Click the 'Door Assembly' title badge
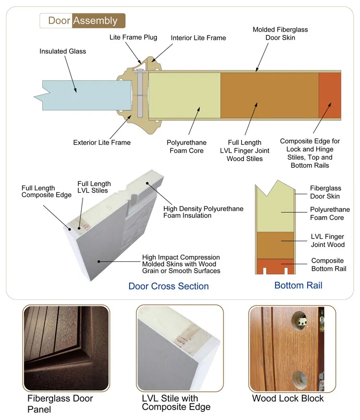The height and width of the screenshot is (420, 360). click(x=82, y=21)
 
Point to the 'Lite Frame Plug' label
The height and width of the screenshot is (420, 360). click(x=133, y=37)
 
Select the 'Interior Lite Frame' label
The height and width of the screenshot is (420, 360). click(x=198, y=38)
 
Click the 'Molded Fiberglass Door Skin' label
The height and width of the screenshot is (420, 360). click(x=280, y=34)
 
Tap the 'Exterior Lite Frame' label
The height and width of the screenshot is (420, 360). click(x=102, y=142)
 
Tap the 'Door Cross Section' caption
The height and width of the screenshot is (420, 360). click(x=168, y=286)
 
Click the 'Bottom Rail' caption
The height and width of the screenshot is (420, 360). click(x=298, y=285)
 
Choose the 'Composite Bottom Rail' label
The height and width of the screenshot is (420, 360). click(x=328, y=265)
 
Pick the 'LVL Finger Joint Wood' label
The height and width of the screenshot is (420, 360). click(x=328, y=241)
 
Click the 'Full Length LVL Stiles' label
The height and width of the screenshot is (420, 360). click(x=94, y=187)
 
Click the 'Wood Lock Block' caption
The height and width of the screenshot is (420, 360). click(x=288, y=398)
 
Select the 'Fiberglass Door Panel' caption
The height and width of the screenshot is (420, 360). click(x=60, y=404)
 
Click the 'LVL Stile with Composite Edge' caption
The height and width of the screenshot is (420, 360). click(x=176, y=403)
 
